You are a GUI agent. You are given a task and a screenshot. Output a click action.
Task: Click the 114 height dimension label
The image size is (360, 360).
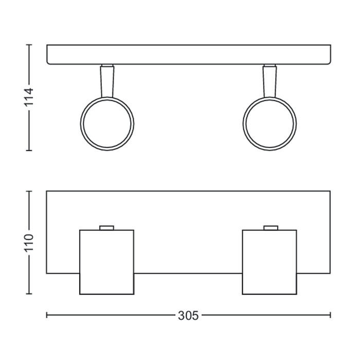coord(29,97)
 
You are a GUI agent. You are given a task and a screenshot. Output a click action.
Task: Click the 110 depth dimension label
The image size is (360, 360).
coord(29,242)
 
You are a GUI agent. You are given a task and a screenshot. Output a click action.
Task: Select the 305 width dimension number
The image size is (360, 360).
coord(188,316)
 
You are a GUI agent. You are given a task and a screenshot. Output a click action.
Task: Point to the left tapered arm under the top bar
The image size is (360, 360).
coord(107,82)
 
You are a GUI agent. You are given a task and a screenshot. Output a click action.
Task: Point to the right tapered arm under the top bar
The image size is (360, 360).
coord(270,82)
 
